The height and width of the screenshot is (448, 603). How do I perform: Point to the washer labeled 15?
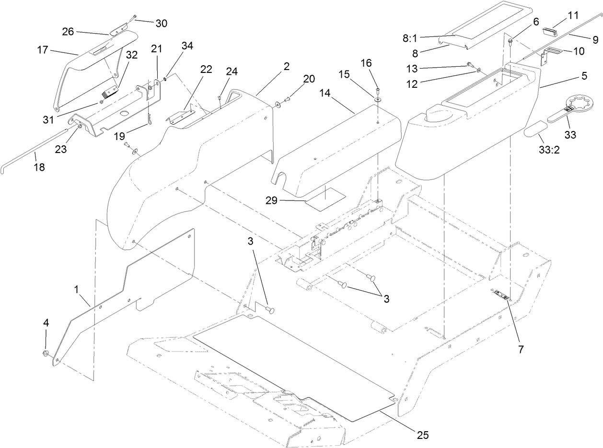coord(378,98)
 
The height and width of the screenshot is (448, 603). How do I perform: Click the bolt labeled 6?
coord(510,41)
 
